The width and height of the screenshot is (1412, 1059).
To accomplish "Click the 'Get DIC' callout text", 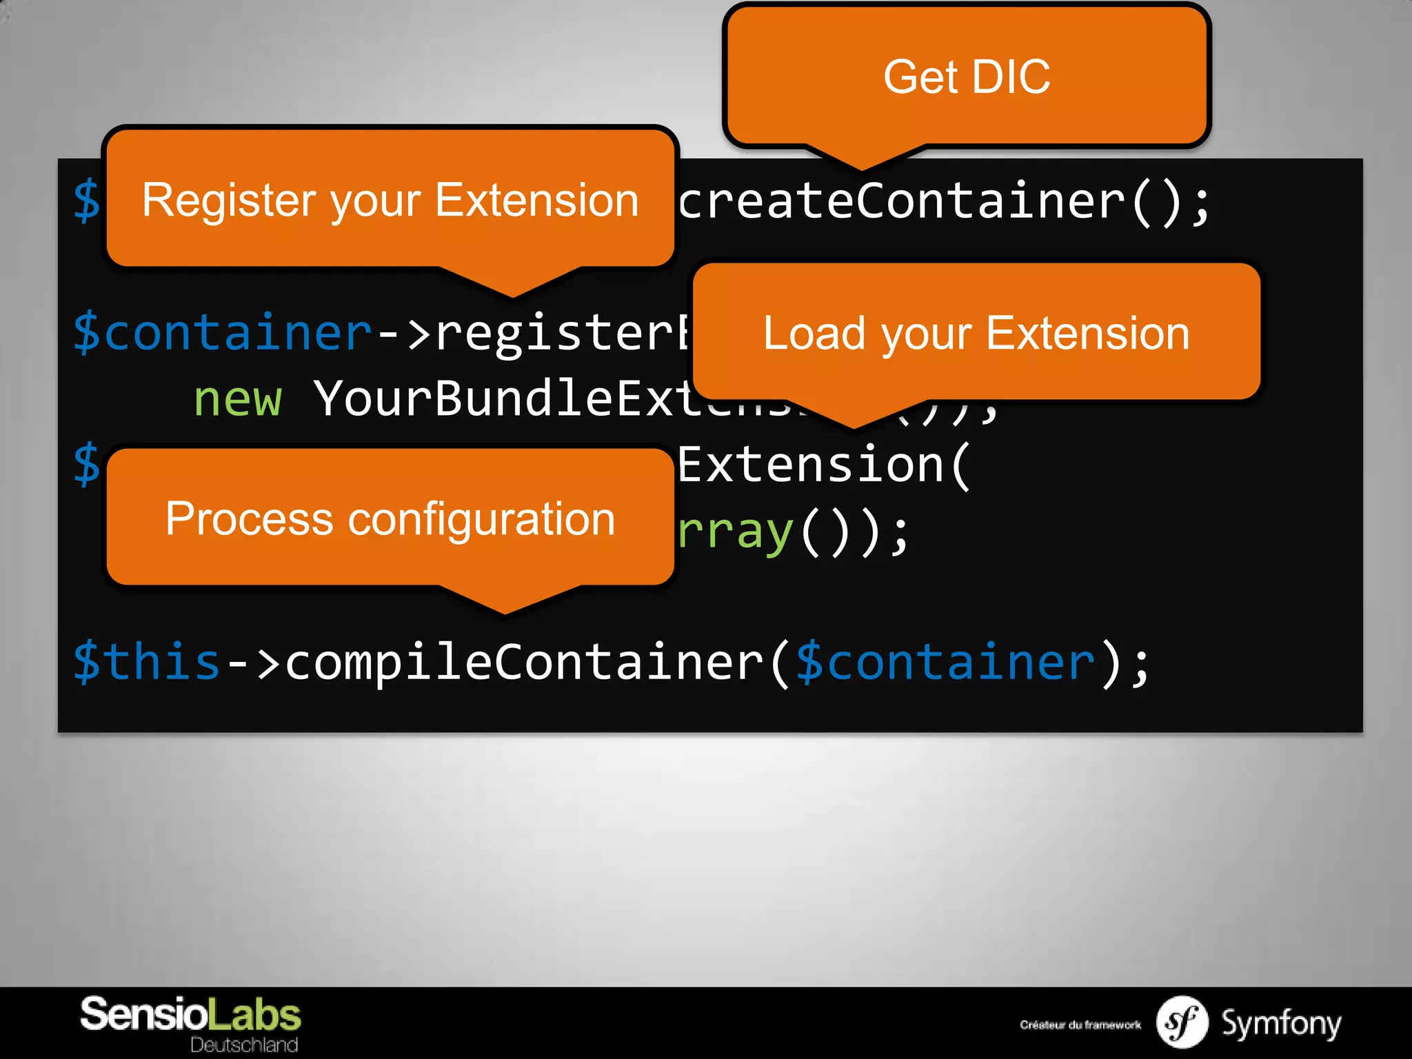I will [x=967, y=77].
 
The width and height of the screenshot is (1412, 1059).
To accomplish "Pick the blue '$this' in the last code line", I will [x=146, y=662].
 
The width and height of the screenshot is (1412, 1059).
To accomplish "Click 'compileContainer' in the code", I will [x=524, y=662].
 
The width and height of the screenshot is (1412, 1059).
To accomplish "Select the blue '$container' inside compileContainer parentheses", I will [x=945, y=662].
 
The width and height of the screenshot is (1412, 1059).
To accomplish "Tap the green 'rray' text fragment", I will [x=735, y=532].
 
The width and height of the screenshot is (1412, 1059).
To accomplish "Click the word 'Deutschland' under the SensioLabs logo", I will [x=244, y=1045].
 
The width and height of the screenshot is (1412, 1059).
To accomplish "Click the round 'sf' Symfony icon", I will [x=1182, y=1022].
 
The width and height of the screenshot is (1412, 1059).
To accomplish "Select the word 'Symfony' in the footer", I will [x=1281, y=1023].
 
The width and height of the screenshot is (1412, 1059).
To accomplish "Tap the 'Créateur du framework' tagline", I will [x=1080, y=1025].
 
